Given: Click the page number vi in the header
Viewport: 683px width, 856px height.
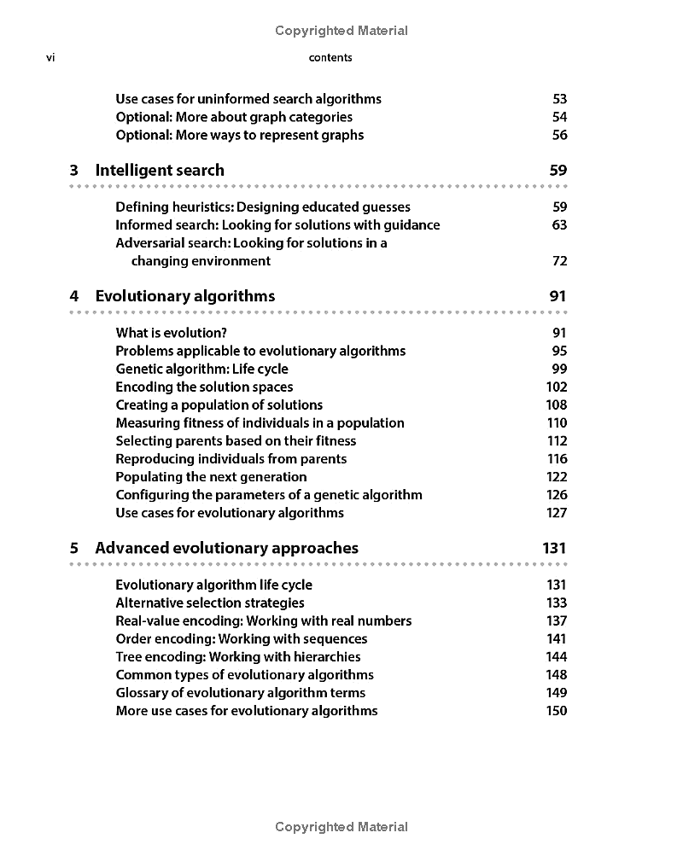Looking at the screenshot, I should pyautogui.click(x=50, y=58).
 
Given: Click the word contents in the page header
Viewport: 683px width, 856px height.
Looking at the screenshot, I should pyautogui.click(x=330, y=58).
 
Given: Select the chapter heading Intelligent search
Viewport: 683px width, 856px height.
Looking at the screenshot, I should pyautogui.click(x=160, y=171).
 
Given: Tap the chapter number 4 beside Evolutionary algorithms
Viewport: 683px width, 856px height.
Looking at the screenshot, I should pyautogui.click(x=74, y=296).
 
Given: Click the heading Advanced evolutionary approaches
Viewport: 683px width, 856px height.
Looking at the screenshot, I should pyautogui.click(x=226, y=548).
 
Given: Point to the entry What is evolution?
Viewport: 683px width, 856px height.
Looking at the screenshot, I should pyautogui.click(x=171, y=333).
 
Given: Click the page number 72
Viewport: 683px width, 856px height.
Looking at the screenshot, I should pyautogui.click(x=559, y=261).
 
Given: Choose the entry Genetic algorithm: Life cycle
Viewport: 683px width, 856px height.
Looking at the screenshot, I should pyautogui.click(x=201, y=369).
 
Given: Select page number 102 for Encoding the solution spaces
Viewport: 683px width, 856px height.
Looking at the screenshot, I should pyautogui.click(x=556, y=387).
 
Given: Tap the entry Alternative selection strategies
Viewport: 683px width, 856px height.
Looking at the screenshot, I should pyautogui.click(x=210, y=603).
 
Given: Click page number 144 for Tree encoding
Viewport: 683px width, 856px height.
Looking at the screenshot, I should pyautogui.click(x=556, y=656).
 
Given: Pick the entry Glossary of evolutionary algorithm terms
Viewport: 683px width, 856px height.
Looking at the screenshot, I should pyautogui.click(x=240, y=692).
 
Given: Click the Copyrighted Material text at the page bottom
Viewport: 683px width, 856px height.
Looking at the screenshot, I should pyautogui.click(x=341, y=826).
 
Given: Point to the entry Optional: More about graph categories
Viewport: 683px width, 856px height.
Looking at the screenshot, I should pyautogui.click(x=234, y=117).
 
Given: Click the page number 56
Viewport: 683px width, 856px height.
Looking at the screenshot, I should pyautogui.click(x=559, y=135).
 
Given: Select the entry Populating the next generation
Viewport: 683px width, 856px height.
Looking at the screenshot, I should pyautogui.click(x=211, y=476).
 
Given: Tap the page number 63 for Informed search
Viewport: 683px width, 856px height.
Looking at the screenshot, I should pyautogui.click(x=559, y=225).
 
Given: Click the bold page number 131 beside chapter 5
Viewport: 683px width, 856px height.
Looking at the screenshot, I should pyautogui.click(x=554, y=548).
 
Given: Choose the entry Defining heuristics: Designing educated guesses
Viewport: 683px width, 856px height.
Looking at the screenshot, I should pyautogui.click(x=263, y=207).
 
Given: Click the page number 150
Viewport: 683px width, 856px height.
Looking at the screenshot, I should pyautogui.click(x=556, y=710).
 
